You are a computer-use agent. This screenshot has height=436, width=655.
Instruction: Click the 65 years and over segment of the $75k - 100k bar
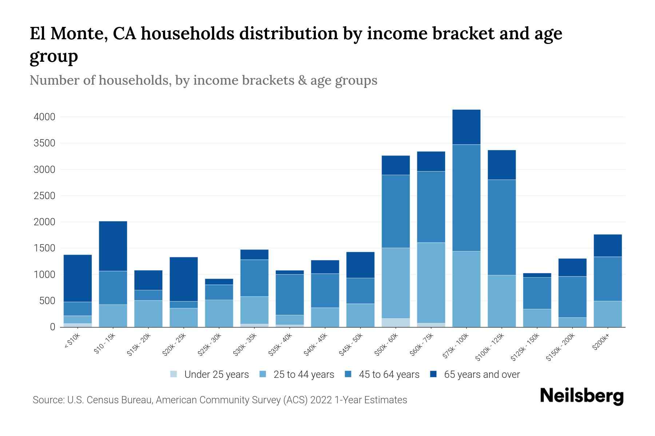466,127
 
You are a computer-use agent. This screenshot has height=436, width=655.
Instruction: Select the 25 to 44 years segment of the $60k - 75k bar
431,283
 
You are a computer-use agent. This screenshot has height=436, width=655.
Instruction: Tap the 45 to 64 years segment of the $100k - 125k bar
501,227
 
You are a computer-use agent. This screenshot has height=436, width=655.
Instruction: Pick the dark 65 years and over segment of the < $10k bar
78,278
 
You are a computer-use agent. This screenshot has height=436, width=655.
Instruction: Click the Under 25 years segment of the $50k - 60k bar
396,323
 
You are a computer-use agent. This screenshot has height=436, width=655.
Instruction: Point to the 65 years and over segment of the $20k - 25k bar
183,279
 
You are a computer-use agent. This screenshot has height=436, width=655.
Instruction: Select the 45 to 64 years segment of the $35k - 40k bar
290,295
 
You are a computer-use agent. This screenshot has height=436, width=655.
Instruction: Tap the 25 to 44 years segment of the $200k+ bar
607,314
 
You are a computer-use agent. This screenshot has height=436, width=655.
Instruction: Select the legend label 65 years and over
481,375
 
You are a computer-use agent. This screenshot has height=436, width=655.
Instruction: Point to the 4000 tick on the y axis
44,117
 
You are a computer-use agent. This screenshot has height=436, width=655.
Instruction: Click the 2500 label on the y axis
44,196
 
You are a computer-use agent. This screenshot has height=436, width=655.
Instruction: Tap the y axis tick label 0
52,327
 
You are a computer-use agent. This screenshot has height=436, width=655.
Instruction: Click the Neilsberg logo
581,396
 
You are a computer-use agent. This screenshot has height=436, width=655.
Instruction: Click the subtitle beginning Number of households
203,80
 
